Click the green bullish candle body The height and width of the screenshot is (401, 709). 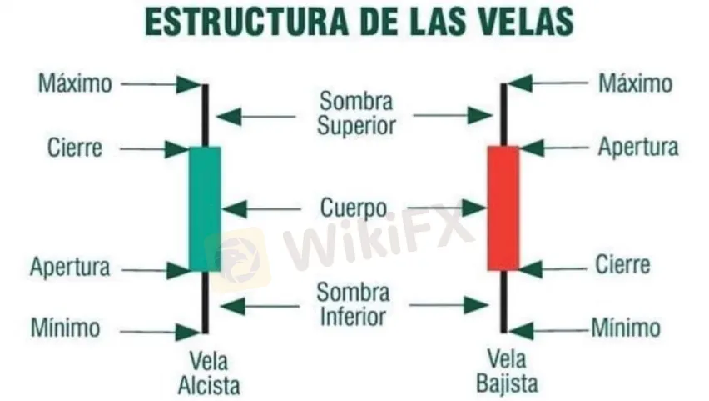205,208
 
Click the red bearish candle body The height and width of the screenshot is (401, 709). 503,208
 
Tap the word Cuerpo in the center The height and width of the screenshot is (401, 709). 353,207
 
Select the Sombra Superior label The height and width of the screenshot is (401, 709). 357,113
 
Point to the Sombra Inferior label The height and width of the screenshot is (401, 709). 354,305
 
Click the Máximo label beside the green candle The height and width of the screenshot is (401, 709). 73,83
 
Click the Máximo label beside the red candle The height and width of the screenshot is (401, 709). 635,83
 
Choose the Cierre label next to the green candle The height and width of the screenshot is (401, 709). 75,148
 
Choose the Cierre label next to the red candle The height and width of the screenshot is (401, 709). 622,267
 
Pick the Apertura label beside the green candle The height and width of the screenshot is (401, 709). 70,268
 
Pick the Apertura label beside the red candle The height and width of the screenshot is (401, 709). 638,148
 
